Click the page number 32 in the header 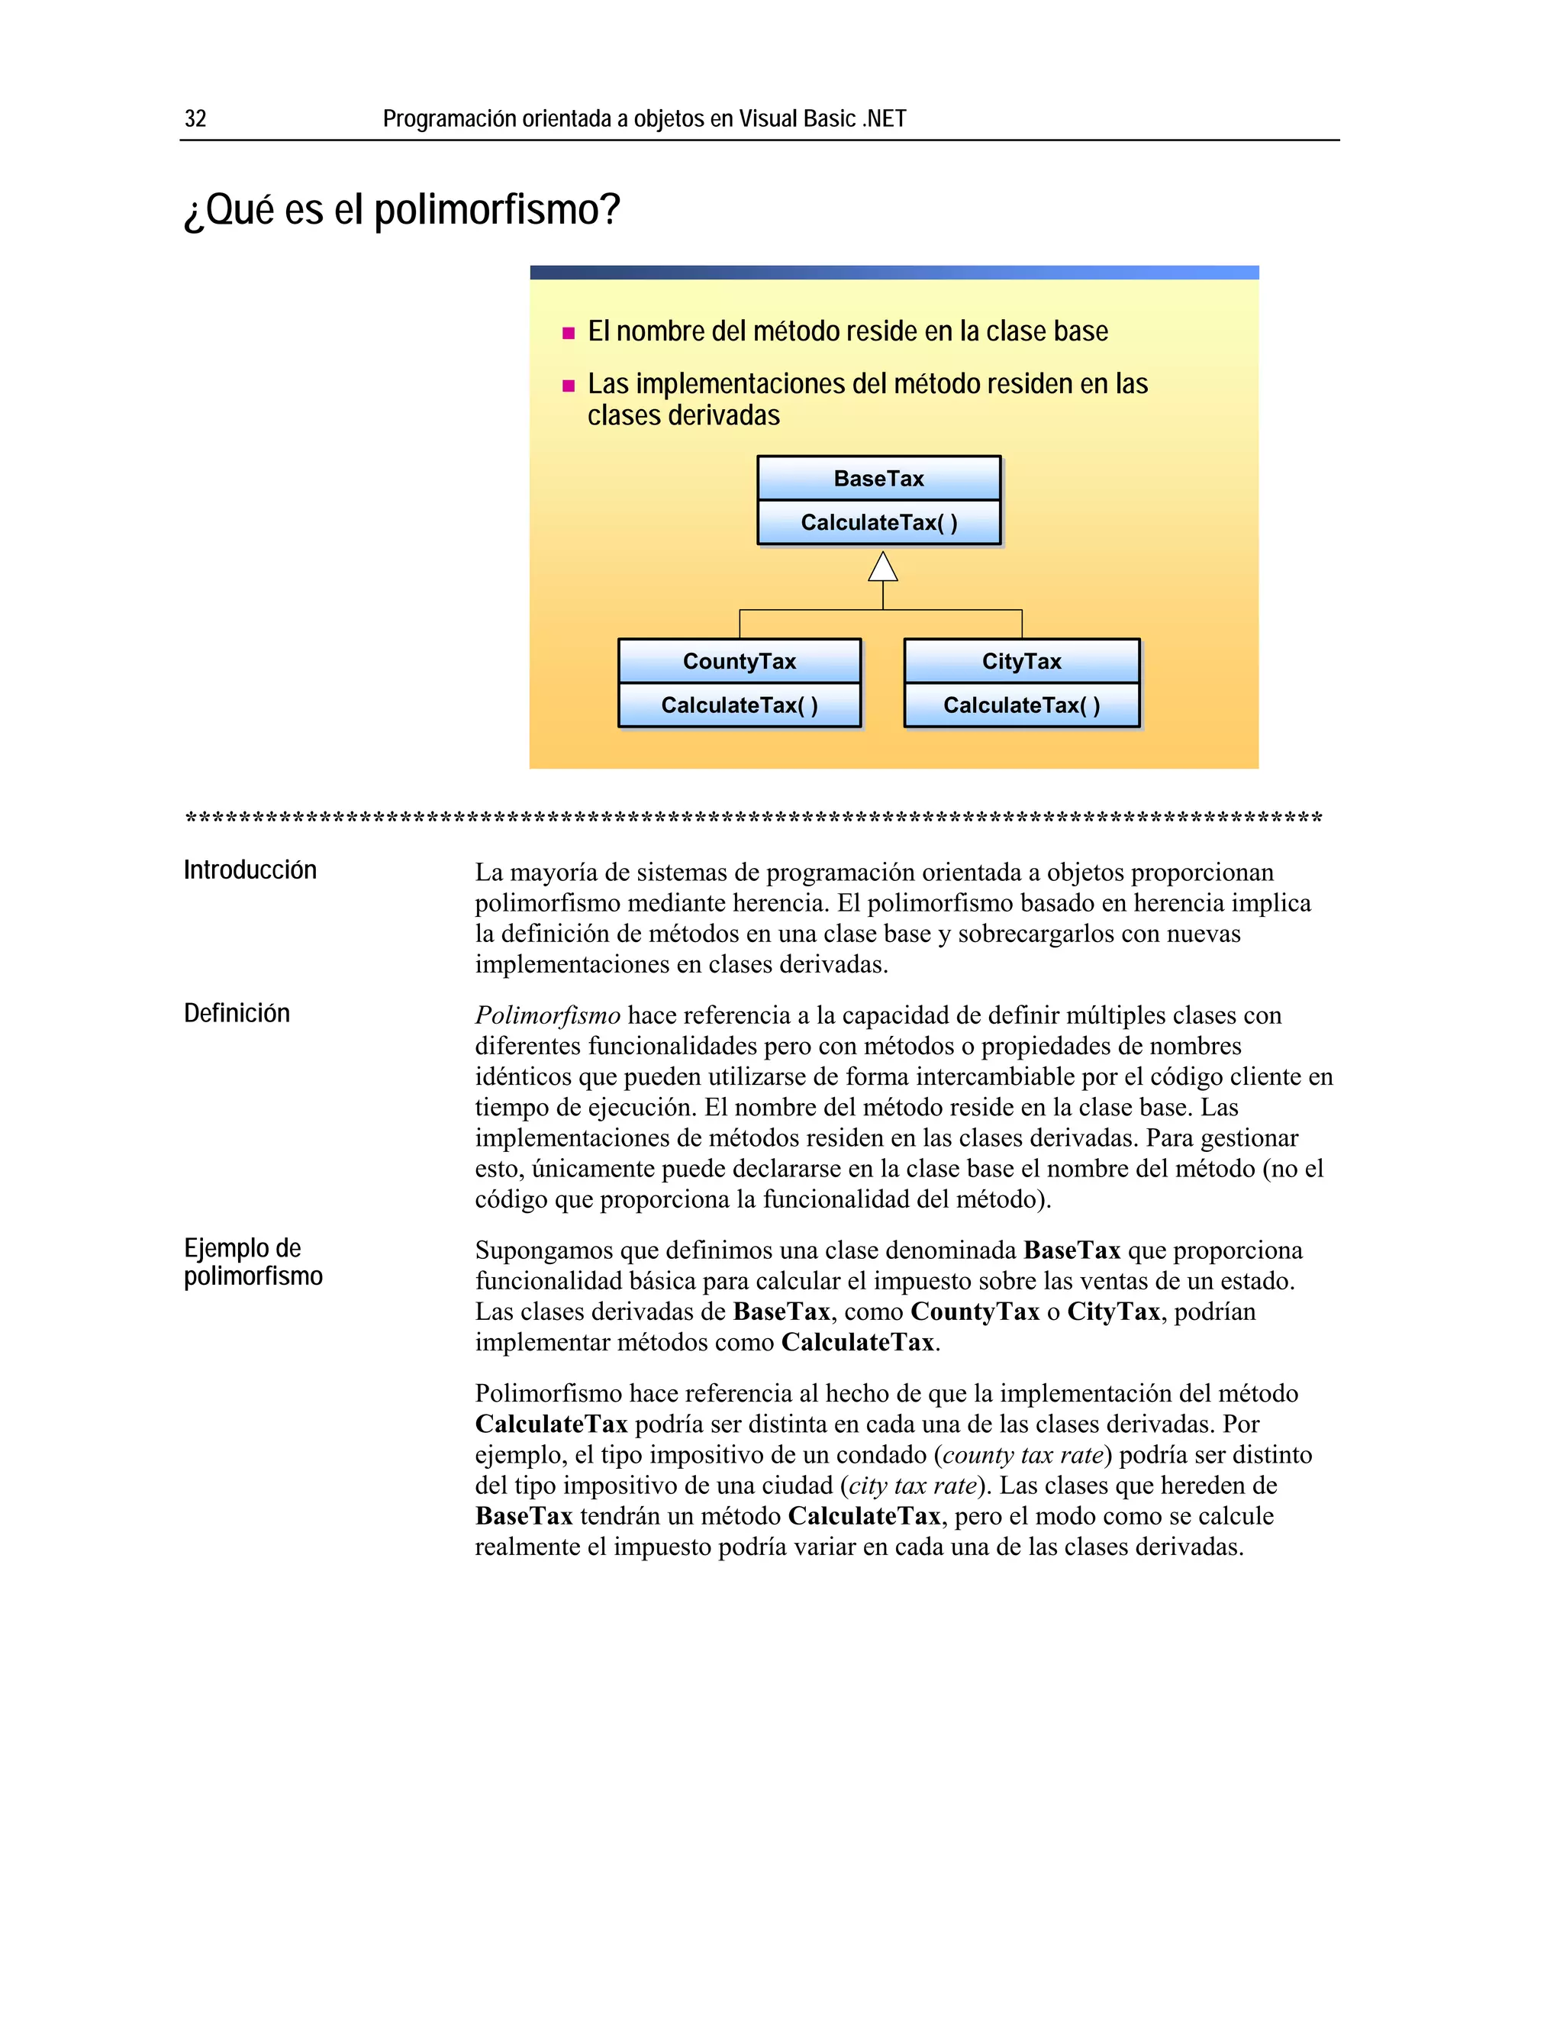tap(195, 118)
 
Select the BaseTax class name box tap(878, 478)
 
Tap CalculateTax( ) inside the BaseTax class tap(878, 522)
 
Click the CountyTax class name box tap(739, 661)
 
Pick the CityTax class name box tap(1021, 661)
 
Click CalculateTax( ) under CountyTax tap(739, 706)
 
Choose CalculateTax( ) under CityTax tap(1021, 706)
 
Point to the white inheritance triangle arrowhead tap(882, 569)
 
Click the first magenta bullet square tap(569, 334)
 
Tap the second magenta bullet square tap(569, 386)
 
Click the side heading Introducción tap(250, 870)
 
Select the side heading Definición tap(237, 1013)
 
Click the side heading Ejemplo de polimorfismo tap(253, 1262)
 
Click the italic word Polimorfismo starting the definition tap(547, 1015)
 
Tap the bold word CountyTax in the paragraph tap(975, 1312)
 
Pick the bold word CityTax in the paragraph tap(1113, 1312)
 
